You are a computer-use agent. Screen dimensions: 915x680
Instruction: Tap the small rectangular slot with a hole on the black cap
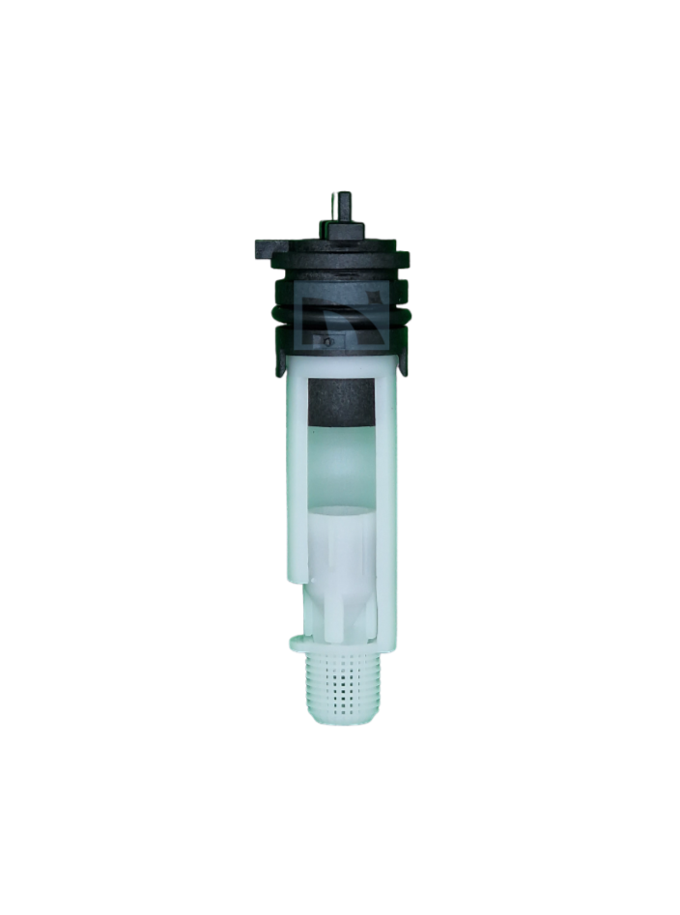tap(328, 341)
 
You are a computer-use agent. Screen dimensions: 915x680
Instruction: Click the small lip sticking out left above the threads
tap(294, 640)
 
